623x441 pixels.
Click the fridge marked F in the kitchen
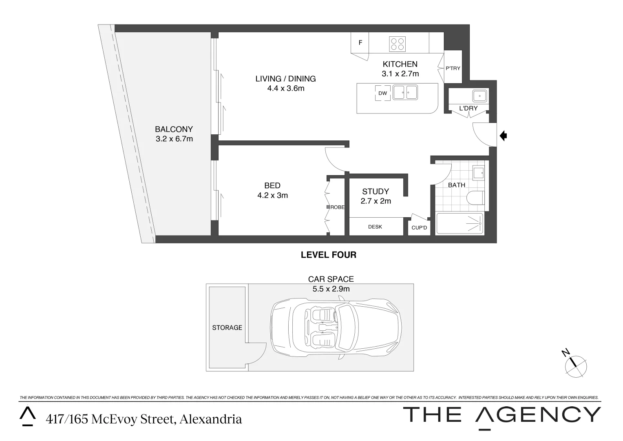pos(360,43)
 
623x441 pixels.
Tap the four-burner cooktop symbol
pos(397,44)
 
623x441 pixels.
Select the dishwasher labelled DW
pos(382,94)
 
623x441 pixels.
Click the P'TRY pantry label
pos(453,68)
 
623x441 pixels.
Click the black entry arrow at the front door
pos(503,136)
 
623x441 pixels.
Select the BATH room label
pos(456,185)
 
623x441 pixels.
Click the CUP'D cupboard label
pos(419,227)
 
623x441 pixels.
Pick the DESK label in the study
pos(375,227)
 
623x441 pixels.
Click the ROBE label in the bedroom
pos(337,207)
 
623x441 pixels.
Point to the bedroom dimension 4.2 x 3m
pos(272,196)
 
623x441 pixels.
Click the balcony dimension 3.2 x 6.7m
pos(174,139)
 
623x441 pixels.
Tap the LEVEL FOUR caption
pos(328,255)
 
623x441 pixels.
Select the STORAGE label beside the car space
pos(227,327)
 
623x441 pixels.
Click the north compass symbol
pos(575,365)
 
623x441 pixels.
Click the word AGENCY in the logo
pos(538,415)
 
